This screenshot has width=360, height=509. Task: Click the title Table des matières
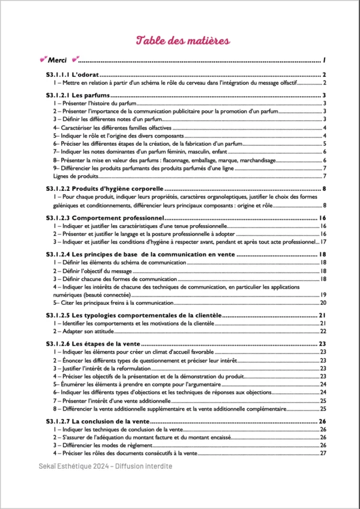(x=179, y=40)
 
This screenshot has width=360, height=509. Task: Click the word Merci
(x=57, y=59)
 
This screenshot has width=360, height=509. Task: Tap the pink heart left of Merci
(x=41, y=59)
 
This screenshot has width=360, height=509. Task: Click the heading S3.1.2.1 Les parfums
(x=76, y=95)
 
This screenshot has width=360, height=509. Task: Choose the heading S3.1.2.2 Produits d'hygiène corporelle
(x=108, y=189)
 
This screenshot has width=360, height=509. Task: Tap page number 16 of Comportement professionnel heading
(x=322, y=217)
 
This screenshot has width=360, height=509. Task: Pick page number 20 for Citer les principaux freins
(x=322, y=303)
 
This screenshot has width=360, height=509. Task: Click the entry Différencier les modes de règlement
(x=106, y=445)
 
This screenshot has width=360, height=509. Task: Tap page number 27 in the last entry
(x=323, y=453)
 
